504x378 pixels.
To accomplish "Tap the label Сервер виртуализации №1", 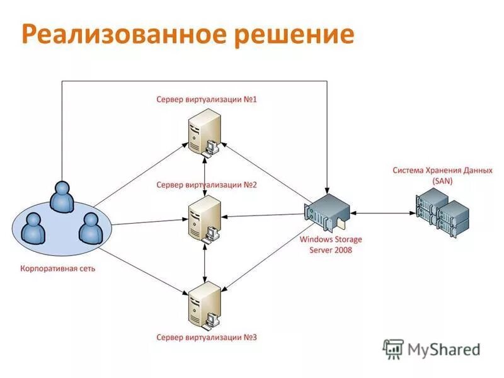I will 207,100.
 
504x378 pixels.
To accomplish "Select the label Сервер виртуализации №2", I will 207,185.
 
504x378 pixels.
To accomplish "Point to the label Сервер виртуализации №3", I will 207,337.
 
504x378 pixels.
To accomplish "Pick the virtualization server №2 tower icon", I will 205,217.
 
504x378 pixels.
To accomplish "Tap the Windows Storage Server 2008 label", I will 331,244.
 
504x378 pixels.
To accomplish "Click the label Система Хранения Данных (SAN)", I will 442,175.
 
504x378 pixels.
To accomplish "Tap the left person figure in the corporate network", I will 33,228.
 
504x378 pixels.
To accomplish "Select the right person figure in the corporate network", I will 90,228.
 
